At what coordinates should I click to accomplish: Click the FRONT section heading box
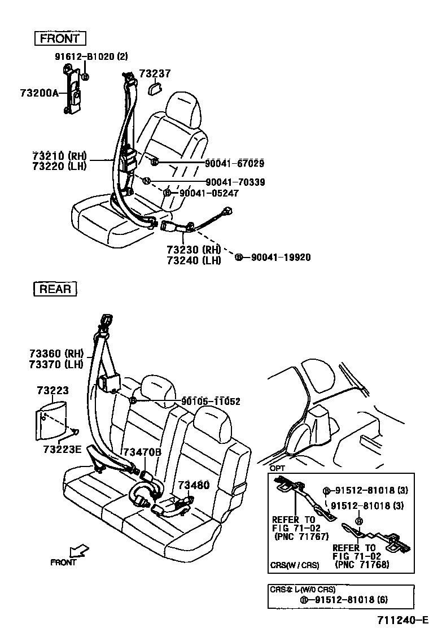(59, 39)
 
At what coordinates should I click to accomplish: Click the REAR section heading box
(55, 289)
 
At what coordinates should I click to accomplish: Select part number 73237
(155, 73)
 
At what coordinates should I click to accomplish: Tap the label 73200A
(40, 93)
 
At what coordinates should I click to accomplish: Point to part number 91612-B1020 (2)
(91, 56)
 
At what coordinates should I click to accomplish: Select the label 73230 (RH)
(192, 249)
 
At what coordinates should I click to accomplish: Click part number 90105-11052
(211, 402)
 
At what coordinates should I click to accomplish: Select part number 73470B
(142, 452)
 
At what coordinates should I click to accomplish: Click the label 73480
(194, 485)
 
